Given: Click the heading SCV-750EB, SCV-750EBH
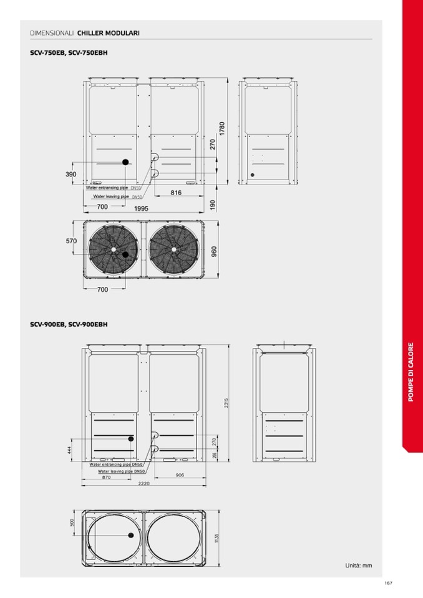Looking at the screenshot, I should (x=69, y=53).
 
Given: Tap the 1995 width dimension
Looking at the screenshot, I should (x=141, y=208).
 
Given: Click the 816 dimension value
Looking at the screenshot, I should (x=176, y=193).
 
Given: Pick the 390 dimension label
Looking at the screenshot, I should (x=71, y=174).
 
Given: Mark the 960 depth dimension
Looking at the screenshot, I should (x=214, y=251).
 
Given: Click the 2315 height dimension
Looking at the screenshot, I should (x=226, y=403).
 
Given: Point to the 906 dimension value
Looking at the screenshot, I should (x=180, y=475).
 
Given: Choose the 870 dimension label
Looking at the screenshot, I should (x=107, y=477).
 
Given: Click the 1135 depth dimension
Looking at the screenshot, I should (x=216, y=537).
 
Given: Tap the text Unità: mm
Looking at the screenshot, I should (x=359, y=566).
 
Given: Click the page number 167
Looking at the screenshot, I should (x=388, y=583).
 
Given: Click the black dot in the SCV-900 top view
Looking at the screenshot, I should (x=132, y=536).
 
